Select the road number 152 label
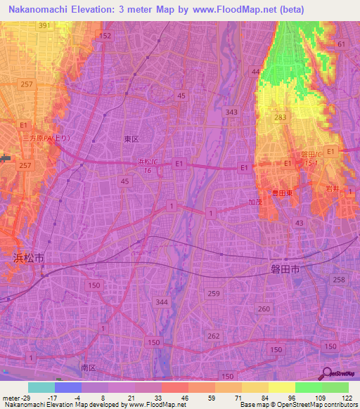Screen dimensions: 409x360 [105, 35]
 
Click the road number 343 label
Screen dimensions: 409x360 [231, 112]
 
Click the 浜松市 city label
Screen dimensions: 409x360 [28, 258]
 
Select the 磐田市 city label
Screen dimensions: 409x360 [285, 269]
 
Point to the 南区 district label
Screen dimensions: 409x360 [89, 368]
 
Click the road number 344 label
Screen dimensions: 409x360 [162, 302]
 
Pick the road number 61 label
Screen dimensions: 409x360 [342, 44]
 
